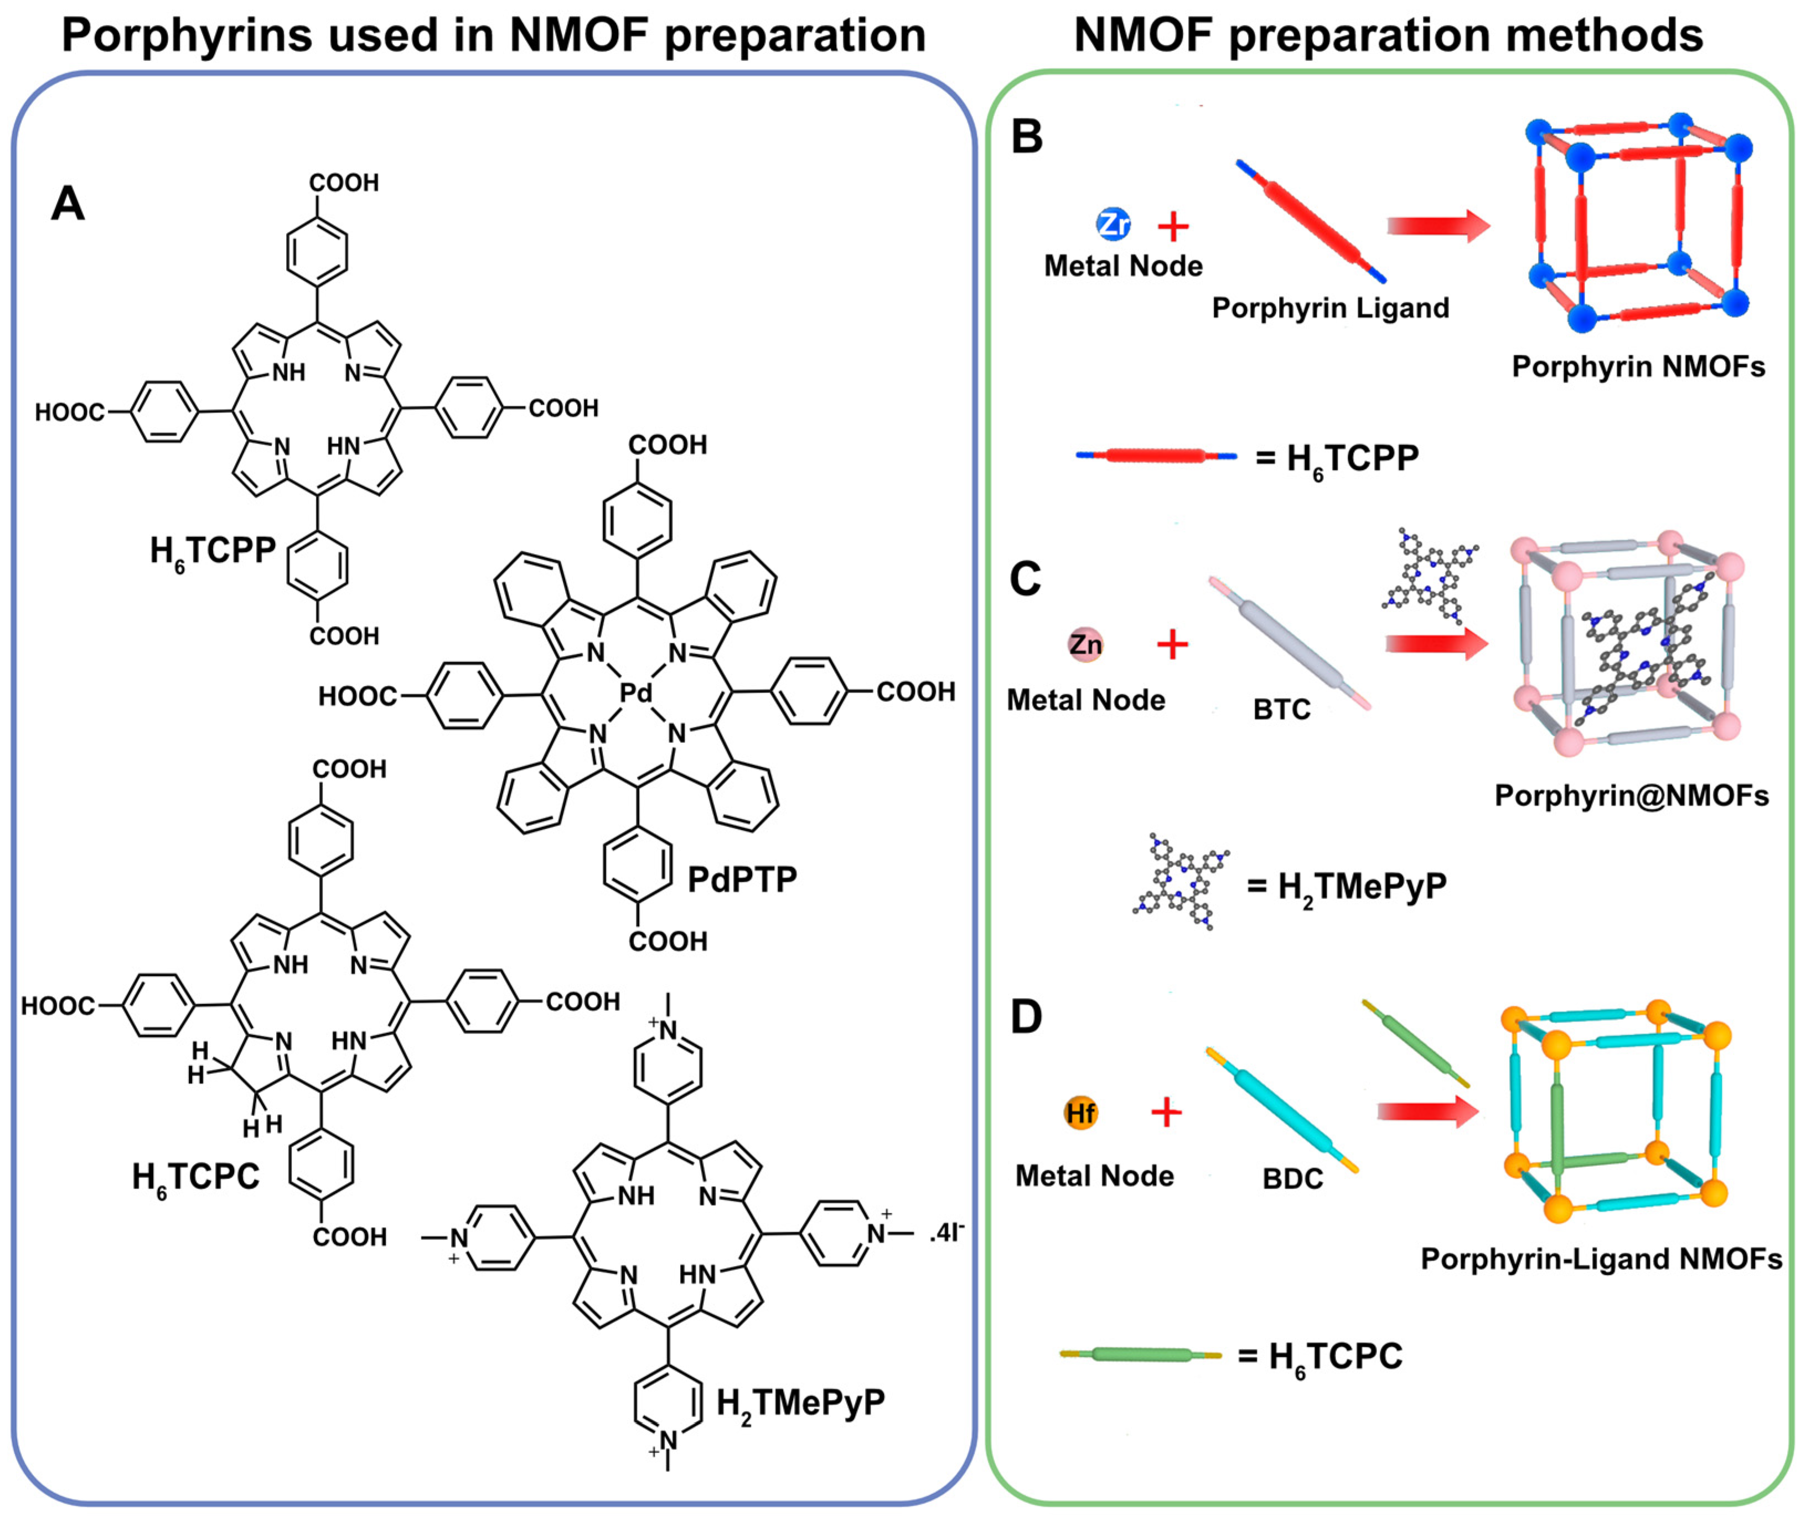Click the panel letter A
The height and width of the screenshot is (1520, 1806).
coord(68,204)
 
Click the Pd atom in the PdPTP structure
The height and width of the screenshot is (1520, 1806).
coord(636,693)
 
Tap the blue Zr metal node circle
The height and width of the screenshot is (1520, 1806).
coord(1113,224)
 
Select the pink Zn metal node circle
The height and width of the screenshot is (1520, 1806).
coord(1085,644)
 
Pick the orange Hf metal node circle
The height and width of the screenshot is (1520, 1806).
coord(1080,1113)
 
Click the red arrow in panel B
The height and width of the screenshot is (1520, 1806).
coord(1437,226)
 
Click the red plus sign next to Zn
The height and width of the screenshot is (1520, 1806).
coord(1172,644)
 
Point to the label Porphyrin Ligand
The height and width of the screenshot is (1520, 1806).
coord(1331,308)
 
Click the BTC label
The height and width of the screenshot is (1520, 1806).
coord(1281,709)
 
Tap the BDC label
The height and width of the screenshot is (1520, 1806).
coord(1292,1178)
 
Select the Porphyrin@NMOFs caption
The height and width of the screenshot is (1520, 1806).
coord(1631,795)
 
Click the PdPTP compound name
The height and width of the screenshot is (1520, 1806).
coord(742,880)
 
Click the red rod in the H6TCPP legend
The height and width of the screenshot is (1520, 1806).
coord(1156,456)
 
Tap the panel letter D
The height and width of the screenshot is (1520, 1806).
coord(1026,1017)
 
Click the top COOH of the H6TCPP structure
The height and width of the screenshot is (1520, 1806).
coord(344,183)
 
